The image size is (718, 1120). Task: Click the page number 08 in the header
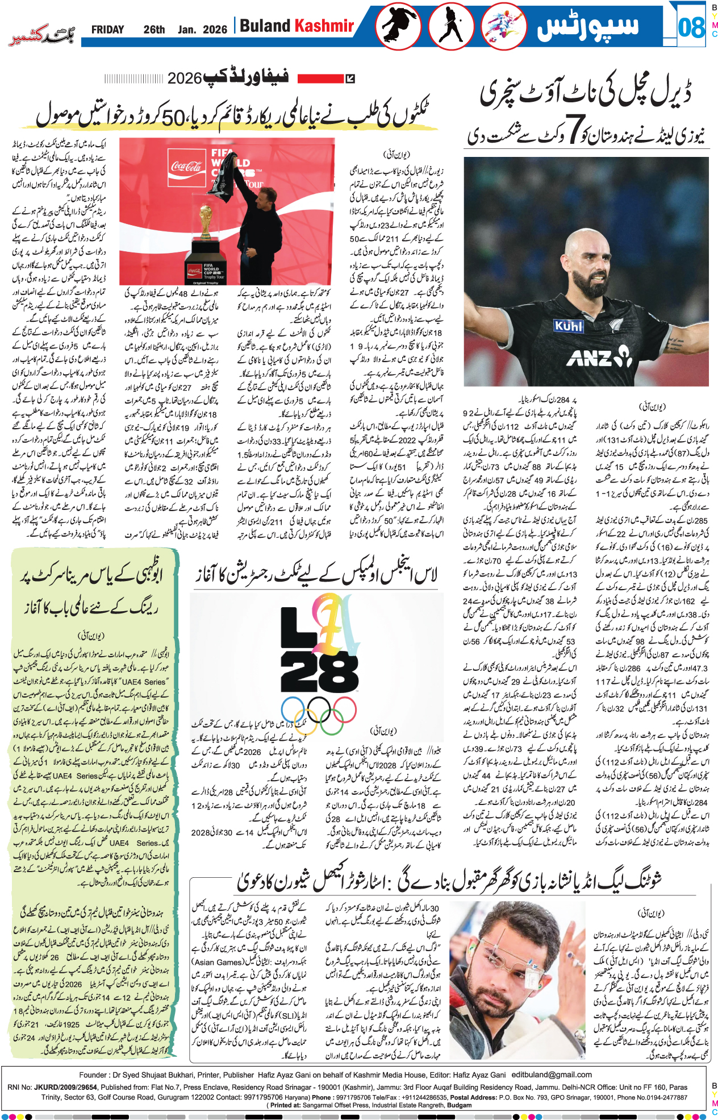[691, 27]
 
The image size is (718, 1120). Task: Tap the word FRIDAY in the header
[107, 30]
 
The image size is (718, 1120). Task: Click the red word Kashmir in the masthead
[324, 26]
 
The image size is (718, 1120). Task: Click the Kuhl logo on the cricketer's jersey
[569, 326]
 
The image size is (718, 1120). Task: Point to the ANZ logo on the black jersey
[599, 358]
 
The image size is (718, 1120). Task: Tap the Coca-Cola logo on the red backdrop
[186, 166]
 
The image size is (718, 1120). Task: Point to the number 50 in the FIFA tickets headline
[174, 117]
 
